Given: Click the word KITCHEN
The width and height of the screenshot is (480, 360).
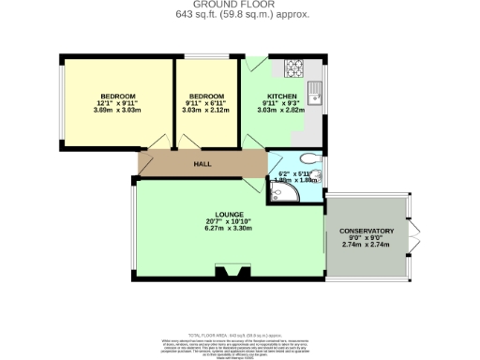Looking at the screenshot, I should tap(282, 97).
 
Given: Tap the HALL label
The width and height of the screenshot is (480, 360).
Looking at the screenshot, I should tap(202, 163).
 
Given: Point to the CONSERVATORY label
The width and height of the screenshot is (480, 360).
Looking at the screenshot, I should tap(367, 231).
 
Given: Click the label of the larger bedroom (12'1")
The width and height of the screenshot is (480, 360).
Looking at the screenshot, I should tap(119, 97).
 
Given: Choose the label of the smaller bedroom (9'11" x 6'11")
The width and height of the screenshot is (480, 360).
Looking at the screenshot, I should tap(205, 97).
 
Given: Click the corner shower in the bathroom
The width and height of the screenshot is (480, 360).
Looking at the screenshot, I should tap(278, 193).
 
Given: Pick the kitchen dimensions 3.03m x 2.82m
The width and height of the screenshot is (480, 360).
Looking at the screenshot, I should tap(282, 111).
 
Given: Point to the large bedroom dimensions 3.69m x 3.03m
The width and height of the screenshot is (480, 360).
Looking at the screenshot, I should tap(119, 111).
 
